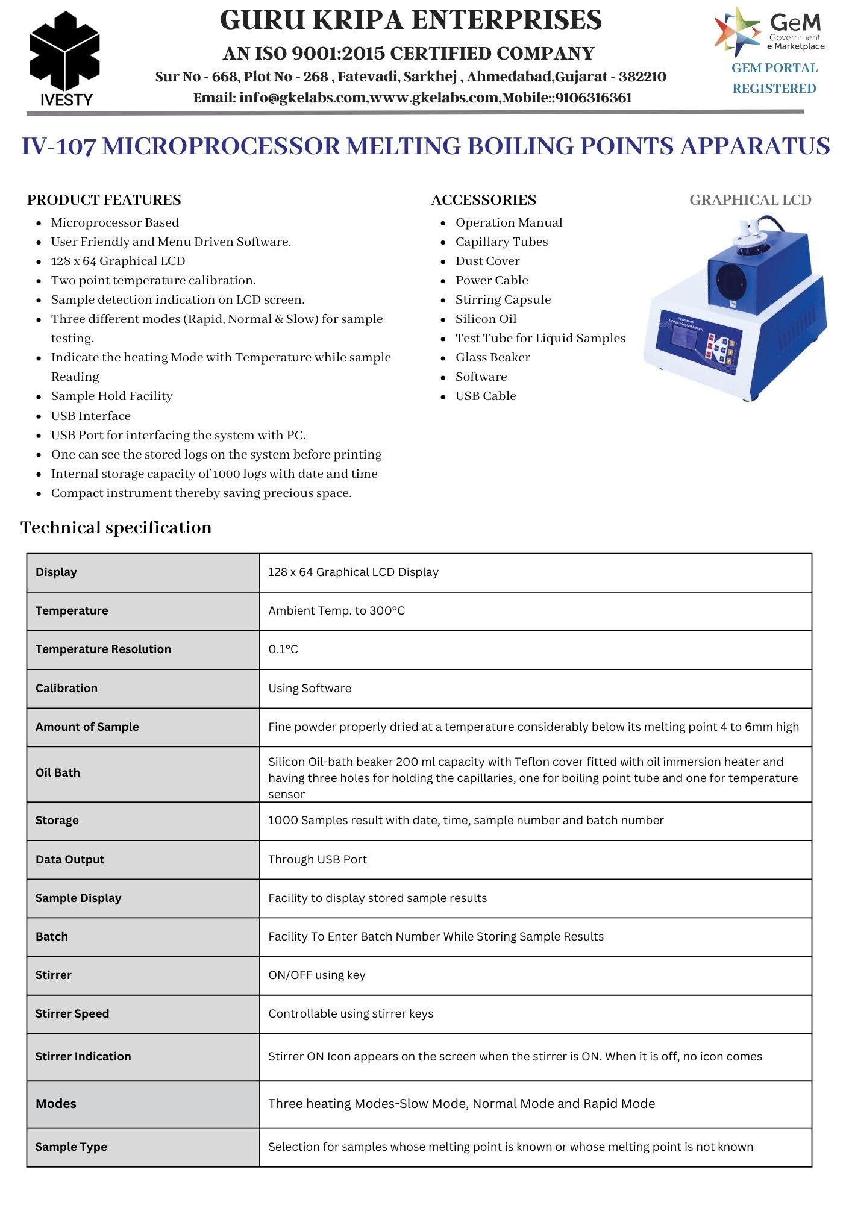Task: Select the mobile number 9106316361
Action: (594, 98)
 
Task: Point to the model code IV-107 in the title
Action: (58, 146)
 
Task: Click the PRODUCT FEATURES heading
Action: (104, 200)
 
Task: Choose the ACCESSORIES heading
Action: (483, 200)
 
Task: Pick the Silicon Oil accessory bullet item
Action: (486, 319)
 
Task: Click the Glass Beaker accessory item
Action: (492, 357)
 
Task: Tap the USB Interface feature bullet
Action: (90, 416)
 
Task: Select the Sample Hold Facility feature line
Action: (111, 396)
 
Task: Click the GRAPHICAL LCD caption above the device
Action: (750, 200)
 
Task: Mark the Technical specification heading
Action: (116, 528)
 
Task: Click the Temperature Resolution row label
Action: (103, 649)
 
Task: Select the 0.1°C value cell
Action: (283, 649)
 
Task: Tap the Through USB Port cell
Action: (318, 859)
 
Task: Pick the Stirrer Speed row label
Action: (72, 1013)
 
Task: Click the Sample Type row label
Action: (71, 1147)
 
